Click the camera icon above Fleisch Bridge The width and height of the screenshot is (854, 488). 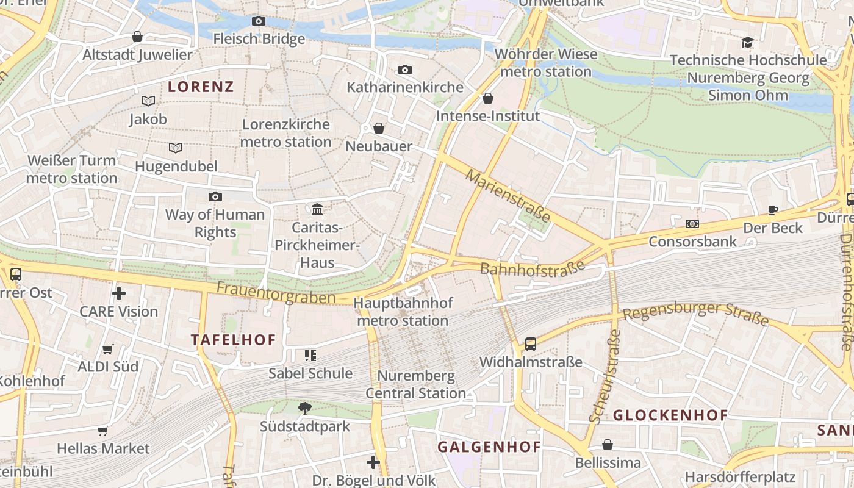click(259, 21)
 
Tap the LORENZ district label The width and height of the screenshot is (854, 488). click(201, 87)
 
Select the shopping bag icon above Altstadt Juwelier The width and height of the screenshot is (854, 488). click(137, 37)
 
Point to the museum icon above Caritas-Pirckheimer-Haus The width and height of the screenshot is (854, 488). click(317, 210)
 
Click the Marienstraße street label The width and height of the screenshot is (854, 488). click(508, 196)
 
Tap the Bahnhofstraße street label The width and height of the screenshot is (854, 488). click(532, 268)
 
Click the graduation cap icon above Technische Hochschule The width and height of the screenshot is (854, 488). click(747, 43)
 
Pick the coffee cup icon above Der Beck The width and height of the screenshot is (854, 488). click(773, 210)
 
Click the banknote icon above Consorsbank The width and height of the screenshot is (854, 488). click(692, 224)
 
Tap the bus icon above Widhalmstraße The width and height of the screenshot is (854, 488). click(531, 344)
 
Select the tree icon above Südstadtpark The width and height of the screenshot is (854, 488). click(305, 408)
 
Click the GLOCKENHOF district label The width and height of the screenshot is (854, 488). click(670, 415)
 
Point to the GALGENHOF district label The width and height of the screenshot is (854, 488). click(489, 447)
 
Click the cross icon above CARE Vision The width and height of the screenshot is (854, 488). click(119, 294)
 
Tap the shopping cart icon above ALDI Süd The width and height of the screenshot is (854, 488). click(108, 349)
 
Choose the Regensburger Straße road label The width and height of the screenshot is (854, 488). click(695, 312)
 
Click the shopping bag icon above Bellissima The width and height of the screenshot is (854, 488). click(608, 445)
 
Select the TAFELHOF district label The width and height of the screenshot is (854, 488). click(234, 340)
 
